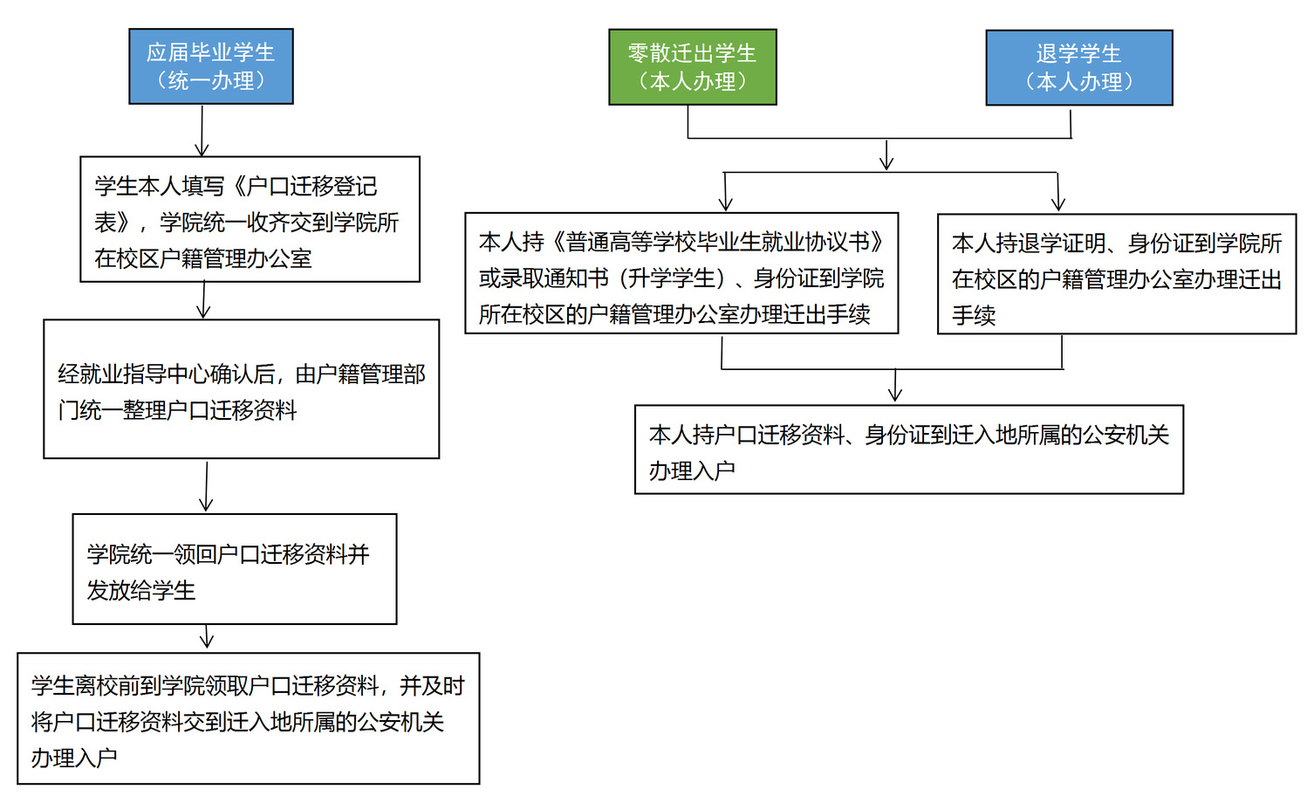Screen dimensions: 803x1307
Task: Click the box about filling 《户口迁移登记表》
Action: click(x=250, y=220)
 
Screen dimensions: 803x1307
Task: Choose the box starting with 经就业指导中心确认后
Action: click(x=241, y=389)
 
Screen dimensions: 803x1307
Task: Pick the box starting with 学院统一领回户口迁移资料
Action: click(x=234, y=569)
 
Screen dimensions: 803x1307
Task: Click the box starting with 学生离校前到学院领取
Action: click(x=248, y=718)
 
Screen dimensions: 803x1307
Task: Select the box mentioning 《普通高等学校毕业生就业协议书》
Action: click(x=681, y=273)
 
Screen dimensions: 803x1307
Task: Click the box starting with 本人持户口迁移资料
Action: click(x=908, y=450)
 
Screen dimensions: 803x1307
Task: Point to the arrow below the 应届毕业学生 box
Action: click(x=202, y=131)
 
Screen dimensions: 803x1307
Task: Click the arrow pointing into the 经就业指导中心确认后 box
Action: click(x=203, y=301)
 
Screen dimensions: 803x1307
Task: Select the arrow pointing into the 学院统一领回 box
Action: click(x=206, y=487)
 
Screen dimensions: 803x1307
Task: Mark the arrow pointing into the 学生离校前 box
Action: click(x=207, y=638)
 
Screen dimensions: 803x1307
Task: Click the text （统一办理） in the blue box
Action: click(x=210, y=81)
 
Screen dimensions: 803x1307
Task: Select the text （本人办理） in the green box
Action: click(x=692, y=82)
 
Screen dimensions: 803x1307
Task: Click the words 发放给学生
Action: click(x=141, y=591)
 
